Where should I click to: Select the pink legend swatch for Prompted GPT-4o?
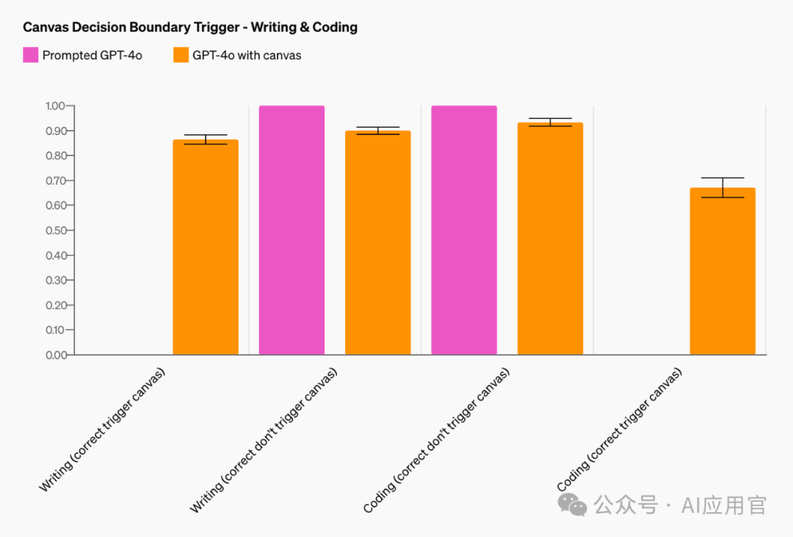click(30, 55)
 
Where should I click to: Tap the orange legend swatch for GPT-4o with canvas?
click(181, 55)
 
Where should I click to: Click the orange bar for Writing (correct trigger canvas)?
click(206, 247)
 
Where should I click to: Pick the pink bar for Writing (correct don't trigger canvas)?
click(292, 230)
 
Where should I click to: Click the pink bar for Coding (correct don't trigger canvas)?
click(464, 230)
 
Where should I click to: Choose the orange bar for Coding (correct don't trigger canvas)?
click(550, 238)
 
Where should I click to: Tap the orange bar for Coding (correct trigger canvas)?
click(723, 271)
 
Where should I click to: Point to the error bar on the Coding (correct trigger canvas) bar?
click(723, 188)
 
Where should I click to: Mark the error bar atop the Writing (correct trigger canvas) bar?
click(206, 139)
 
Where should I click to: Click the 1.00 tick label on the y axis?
click(55, 106)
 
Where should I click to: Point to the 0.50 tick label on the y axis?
click(55, 230)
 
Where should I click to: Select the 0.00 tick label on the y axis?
click(55, 355)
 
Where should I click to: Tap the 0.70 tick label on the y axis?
click(55, 180)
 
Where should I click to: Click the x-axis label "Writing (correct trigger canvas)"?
click(103, 429)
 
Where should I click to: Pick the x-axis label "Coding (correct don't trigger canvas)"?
click(436, 440)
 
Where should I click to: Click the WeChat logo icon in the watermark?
click(573, 505)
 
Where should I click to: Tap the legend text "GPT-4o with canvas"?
click(247, 55)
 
